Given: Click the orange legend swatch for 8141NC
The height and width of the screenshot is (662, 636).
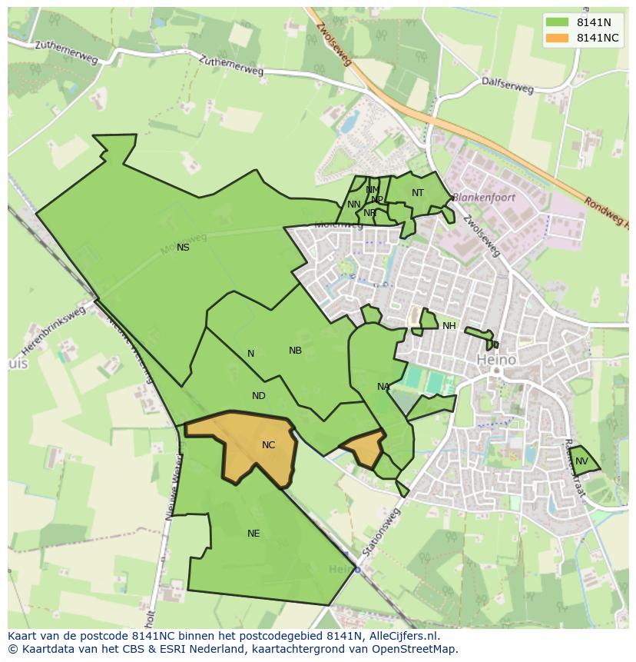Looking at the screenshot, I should (x=558, y=38).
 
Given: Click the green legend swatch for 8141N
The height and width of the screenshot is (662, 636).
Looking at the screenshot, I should (x=558, y=22).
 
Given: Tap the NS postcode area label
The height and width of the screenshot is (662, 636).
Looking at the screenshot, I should (x=183, y=248).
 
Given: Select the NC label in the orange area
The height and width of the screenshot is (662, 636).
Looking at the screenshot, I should (x=268, y=445).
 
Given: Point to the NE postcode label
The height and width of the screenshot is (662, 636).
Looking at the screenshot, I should (x=253, y=534).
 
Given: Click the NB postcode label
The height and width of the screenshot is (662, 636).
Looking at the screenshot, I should (x=295, y=351).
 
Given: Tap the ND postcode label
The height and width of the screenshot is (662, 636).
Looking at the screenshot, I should (x=259, y=396).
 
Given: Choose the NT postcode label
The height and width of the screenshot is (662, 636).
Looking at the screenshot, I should (x=417, y=193).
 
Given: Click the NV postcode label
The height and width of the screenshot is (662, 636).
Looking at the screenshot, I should (x=581, y=461).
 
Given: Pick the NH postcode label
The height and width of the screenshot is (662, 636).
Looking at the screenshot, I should (x=449, y=326).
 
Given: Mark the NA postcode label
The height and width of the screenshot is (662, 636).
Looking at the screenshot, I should (x=383, y=387).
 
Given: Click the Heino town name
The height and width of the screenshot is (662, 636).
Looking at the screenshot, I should (x=496, y=359).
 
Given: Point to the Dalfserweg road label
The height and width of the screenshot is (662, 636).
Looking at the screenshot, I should (x=507, y=85).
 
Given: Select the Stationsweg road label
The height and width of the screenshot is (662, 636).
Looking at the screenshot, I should (x=382, y=531).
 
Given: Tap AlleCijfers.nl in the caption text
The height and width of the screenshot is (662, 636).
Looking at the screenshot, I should (x=401, y=636).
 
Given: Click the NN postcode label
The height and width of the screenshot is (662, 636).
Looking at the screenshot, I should (x=353, y=205).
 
